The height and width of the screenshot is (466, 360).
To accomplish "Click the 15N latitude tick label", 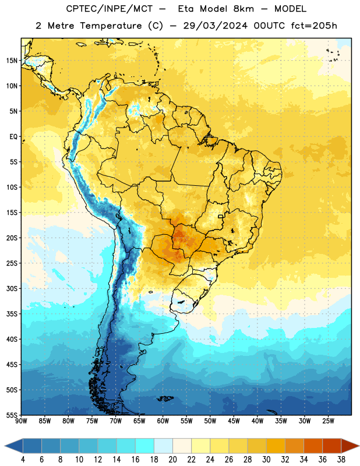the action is tap(12, 61).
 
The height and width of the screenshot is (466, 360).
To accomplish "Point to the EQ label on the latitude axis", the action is tap(13, 137).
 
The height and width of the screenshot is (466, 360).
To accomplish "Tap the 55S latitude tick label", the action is tap(12, 415).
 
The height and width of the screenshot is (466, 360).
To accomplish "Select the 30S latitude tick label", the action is tap(12, 288).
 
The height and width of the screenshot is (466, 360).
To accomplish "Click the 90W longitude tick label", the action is tap(21, 421).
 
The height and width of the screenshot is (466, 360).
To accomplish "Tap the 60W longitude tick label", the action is tap(163, 421).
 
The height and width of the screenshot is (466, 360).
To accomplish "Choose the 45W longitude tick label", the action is tap(234, 421).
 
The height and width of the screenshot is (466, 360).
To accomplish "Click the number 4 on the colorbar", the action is tap(23, 460).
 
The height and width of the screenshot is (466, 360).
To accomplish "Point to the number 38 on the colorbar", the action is tap(341, 460).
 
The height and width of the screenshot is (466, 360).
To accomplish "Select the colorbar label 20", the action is tap(172, 460).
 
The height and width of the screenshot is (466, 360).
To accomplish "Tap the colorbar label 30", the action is tap(266, 460).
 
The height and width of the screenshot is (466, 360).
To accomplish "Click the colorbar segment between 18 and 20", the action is tap(164, 446).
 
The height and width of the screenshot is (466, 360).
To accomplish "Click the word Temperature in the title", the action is tap(111, 26).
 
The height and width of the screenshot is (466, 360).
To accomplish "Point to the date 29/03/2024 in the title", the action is tap(215, 26).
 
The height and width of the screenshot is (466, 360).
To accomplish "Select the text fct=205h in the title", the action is tap(314, 26).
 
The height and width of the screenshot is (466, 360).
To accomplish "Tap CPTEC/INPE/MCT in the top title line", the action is tap(109, 9).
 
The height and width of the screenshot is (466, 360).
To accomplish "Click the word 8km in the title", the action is tap(243, 9).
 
